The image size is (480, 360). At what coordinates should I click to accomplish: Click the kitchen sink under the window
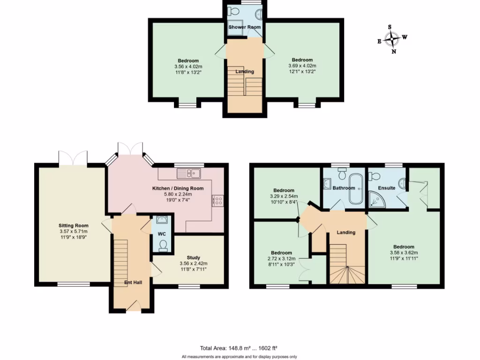(189, 173)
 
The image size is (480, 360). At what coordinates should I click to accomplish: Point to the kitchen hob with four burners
(217, 201)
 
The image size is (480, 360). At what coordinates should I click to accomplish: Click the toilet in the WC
(163, 245)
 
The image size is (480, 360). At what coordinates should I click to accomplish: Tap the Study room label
(194, 258)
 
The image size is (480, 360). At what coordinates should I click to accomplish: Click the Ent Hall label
(133, 282)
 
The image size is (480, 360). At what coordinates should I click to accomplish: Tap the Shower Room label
(244, 27)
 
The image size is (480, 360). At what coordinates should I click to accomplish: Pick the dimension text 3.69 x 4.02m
(302, 66)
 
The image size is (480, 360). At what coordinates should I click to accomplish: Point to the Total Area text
(239, 348)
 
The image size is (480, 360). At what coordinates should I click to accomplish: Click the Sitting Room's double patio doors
(73, 158)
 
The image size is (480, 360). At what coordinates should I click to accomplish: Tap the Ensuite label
(387, 188)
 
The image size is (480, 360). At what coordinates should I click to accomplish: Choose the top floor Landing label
(245, 72)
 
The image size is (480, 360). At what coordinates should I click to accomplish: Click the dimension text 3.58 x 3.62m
(404, 253)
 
